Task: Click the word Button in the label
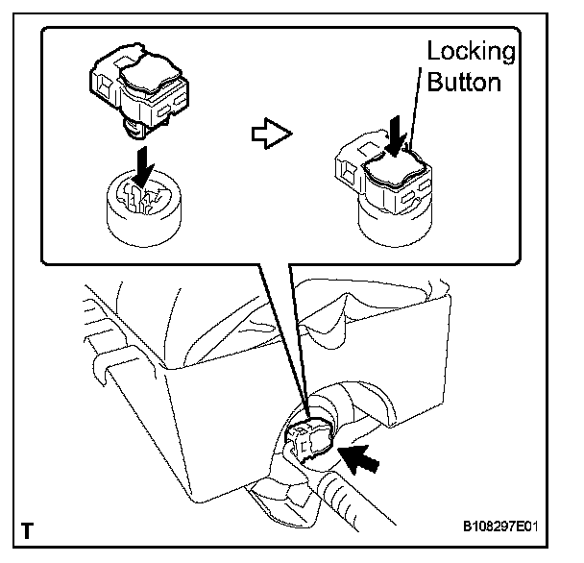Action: [465, 82]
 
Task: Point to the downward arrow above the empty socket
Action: [142, 171]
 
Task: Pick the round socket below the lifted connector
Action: [144, 216]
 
